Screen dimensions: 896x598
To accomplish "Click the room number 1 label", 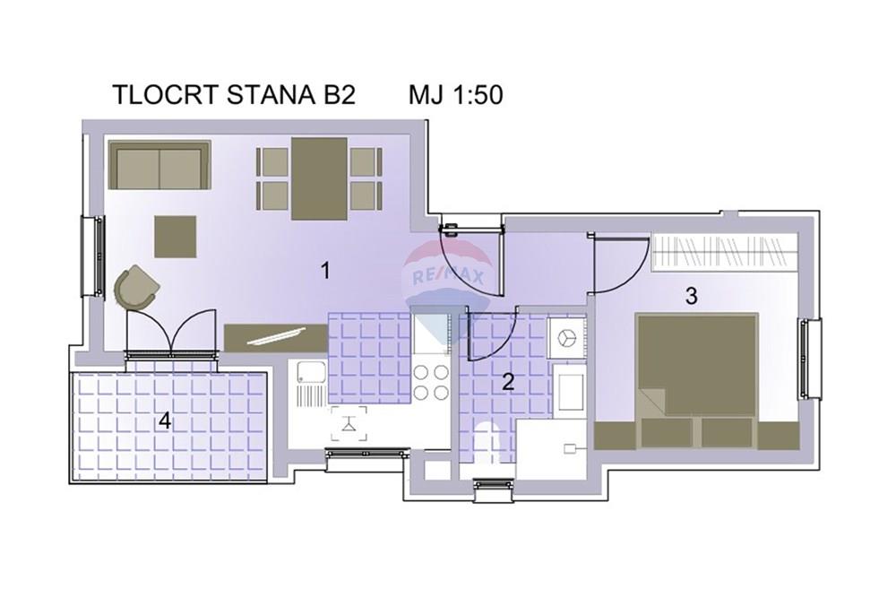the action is click(x=325, y=270).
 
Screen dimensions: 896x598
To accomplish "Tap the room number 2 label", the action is click(x=508, y=381).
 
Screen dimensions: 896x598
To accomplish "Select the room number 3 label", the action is click(x=692, y=296).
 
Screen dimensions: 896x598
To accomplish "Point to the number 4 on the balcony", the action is click(x=165, y=421).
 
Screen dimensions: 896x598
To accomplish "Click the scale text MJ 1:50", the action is click(x=455, y=94).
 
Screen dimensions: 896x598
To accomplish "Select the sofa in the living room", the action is click(x=160, y=165).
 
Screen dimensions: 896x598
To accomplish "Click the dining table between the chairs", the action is click(x=319, y=178).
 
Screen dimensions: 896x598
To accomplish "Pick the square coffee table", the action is click(x=175, y=237).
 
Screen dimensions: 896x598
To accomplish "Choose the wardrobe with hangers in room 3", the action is click(x=725, y=252).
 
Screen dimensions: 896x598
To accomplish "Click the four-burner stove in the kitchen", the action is click(x=431, y=382).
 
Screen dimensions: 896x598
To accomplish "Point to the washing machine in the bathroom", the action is click(x=566, y=338).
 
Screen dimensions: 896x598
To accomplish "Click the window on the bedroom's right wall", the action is click(x=810, y=359).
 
